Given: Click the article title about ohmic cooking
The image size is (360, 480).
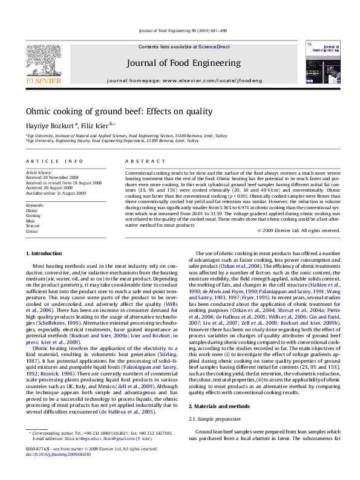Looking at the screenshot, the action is pos(110,112).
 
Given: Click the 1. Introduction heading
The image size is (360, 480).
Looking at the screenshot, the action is pos(46,251).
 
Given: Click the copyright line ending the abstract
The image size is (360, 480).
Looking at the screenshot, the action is pos(307,230).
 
